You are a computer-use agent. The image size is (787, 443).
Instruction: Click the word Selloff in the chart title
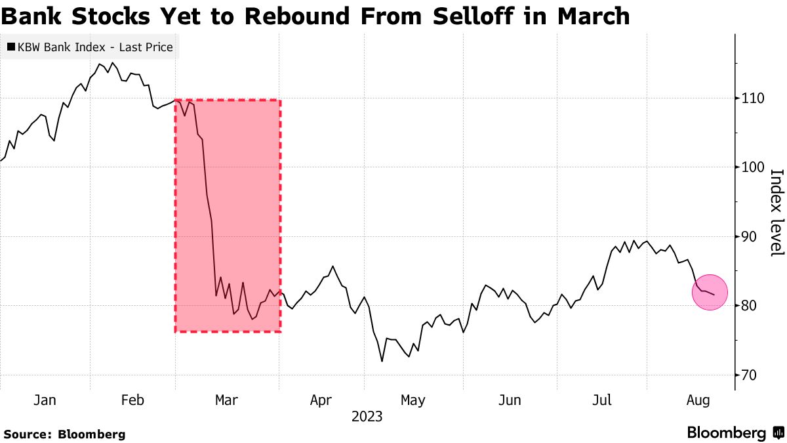(x=458, y=15)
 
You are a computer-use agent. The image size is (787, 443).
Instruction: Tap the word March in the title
(x=593, y=15)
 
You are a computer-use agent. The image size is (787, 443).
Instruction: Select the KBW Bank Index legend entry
(x=90, y=47)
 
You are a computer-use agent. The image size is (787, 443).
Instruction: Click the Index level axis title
(x=776, y=213)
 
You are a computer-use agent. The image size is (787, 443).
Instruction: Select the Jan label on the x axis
(x=44, y=400)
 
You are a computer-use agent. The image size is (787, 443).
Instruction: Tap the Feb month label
(x=132, y=400)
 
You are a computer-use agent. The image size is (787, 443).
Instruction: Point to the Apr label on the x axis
(x=321, y=400)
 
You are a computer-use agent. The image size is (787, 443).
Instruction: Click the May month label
(x=413, y=400)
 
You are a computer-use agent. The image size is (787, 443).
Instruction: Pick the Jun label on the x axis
(x=510, y=400)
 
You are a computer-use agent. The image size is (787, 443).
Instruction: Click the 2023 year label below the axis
(x=367, y=417)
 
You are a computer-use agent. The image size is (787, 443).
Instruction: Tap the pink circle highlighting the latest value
(x=710, y=292)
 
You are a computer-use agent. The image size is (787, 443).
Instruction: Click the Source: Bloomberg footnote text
(x=64, y=434)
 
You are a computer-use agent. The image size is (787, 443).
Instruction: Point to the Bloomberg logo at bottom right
(x=735, y=433)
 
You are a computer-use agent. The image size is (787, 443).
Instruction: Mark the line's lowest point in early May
(x=382, y=361)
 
